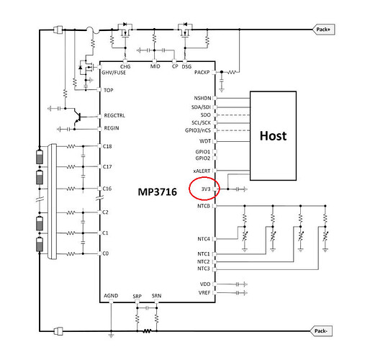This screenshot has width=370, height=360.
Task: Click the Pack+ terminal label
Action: tap(323, 30)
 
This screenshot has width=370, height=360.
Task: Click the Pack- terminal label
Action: tap(321, 331)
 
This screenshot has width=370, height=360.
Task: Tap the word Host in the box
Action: tap(273, 136)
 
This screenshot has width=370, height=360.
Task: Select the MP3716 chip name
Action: tap(158, 192)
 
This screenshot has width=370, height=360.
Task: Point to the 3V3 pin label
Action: tap(206, 189)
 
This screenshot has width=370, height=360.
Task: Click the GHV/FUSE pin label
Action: tap(114, 73)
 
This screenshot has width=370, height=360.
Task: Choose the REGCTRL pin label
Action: tap(114, 115)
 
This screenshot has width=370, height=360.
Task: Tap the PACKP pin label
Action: tap(202, 72)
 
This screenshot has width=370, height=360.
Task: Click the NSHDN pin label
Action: tap(202, 98)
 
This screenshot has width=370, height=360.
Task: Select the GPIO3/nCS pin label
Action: tap(198, 130)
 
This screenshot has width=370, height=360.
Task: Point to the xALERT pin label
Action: tap(202, 171)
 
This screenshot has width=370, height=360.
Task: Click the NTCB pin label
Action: tap(204, 206)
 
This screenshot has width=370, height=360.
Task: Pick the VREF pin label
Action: tap(204, 293)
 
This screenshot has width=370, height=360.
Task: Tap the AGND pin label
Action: tap(111, 296)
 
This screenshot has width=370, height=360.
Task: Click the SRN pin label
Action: tap(156, 296)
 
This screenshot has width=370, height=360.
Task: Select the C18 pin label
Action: tap(107, 146)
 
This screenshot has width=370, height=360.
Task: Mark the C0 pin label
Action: tap(106, 253)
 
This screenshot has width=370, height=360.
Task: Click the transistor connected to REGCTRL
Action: tap(77, 117)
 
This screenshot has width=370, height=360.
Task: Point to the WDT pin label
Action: tap(205, 141)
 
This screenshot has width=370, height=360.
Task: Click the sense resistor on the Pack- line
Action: tap(147, 331)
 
